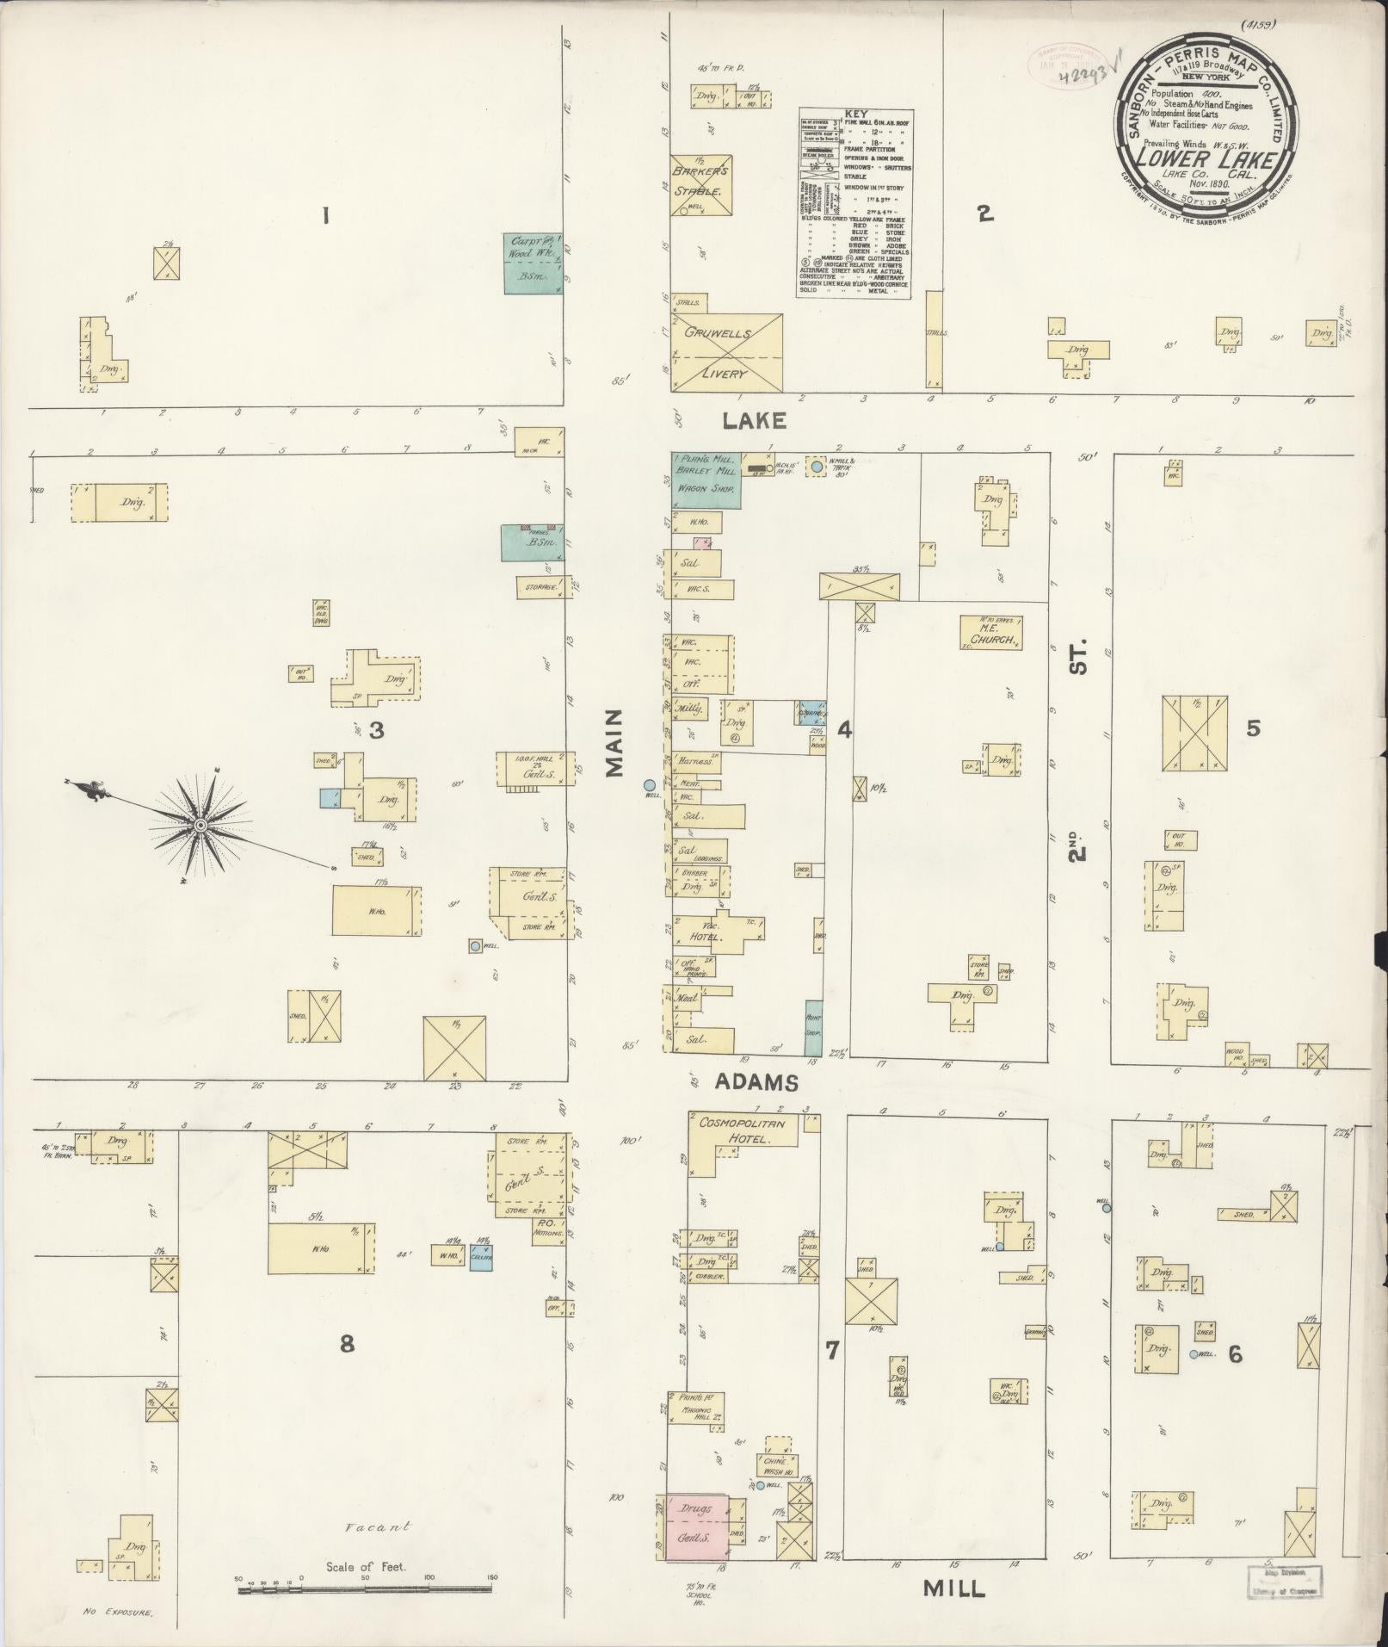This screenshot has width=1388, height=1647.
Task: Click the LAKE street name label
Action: point(754,421)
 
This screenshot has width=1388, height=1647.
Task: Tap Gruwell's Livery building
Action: point(726,353)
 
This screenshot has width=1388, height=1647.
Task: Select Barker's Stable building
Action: point(701,183)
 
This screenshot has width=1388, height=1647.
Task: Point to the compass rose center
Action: point(200,825)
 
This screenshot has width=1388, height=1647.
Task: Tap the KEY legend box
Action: point(855,204)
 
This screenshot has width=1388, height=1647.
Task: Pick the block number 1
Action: point(325,216)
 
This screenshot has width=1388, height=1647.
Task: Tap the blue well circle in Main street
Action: point(649,785)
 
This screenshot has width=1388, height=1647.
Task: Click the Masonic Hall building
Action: point(695,1411)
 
